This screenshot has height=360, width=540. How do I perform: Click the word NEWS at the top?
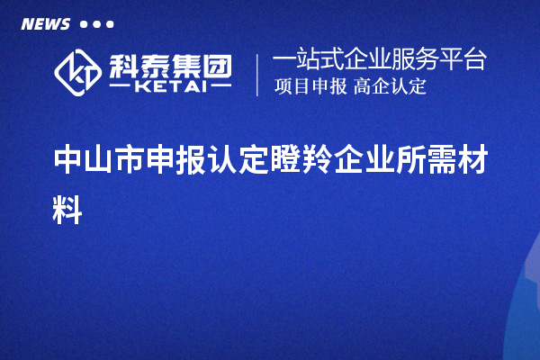45,24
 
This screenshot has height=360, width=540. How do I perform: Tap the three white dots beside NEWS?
97,24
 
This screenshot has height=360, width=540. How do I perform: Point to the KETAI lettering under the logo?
169,86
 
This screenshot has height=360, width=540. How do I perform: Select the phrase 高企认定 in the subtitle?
390,87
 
